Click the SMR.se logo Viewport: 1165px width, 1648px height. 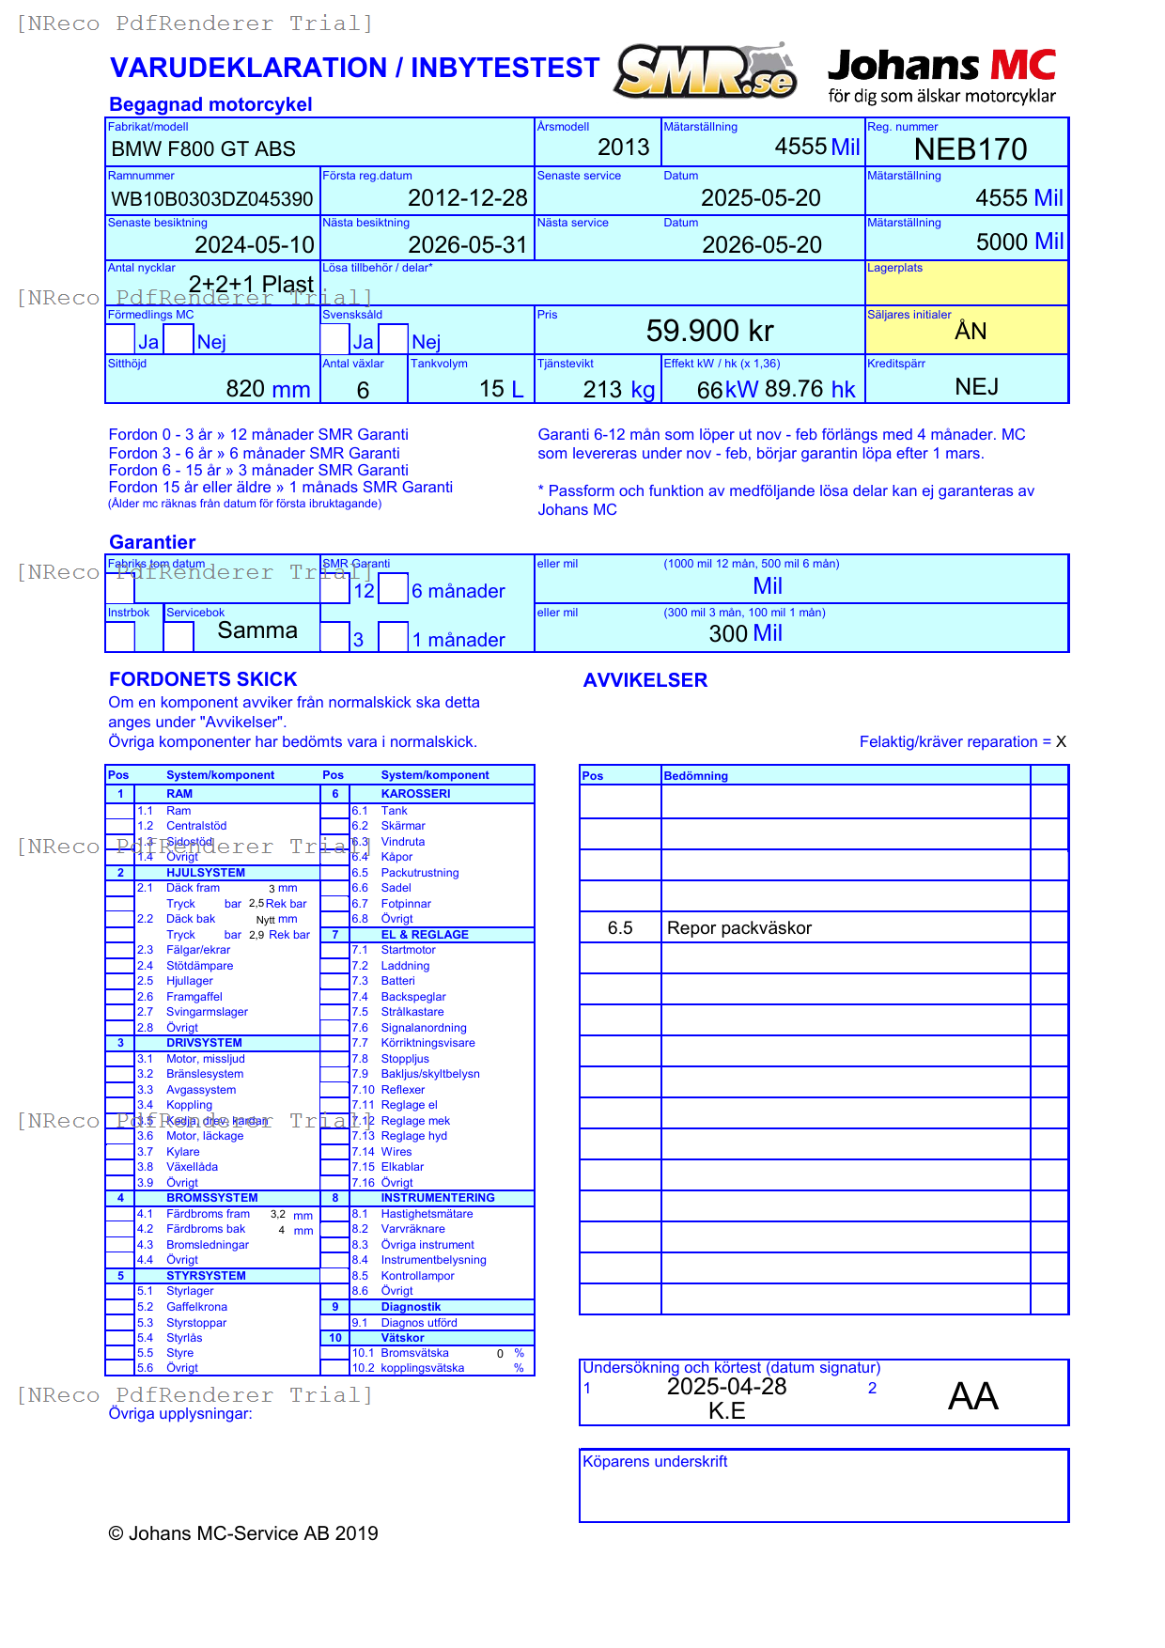click(706, 71)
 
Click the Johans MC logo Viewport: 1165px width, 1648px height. click(941, 75)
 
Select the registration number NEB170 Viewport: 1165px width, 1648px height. click(971, 149)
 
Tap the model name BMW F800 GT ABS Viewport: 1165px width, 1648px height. click(203, 149)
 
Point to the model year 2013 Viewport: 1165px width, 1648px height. click(623, 148)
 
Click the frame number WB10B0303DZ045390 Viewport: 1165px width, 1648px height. click(212, 199)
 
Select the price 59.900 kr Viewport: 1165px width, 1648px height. click(709, 331)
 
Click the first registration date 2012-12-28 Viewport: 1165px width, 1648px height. click(468, 198)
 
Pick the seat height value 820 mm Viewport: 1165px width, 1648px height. click(268, 389)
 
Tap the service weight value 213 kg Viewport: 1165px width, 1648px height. click(618, 390)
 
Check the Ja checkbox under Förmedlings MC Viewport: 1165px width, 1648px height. click(120, 338)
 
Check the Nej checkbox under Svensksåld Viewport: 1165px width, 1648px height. click(394, 338)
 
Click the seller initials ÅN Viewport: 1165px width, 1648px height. click(971, 332)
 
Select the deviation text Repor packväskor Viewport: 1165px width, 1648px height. click(739, 928)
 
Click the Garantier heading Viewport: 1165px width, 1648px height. click(152, 542)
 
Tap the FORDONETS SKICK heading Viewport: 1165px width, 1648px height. click(203, 679)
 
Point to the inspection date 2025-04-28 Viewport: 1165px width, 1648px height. click(726, 1387)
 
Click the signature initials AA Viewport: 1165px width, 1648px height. click(972, 1396)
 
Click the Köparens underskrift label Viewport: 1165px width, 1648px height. click(655, 1462)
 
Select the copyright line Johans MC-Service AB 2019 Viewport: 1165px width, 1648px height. click(243, 1533)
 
